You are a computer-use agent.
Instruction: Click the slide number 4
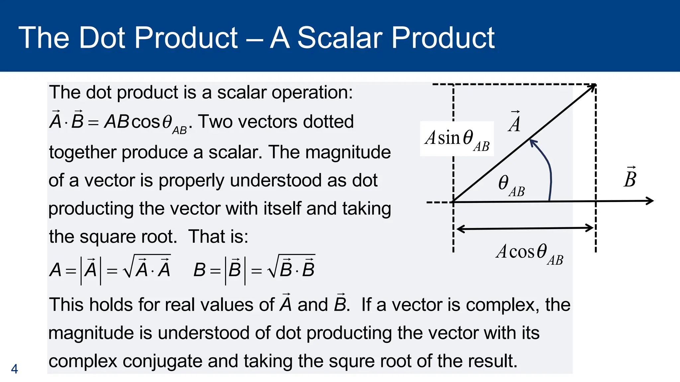[14, 369]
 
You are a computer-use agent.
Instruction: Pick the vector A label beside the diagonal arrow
[515, 123]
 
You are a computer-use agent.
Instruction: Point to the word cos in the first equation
[146, 122]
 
